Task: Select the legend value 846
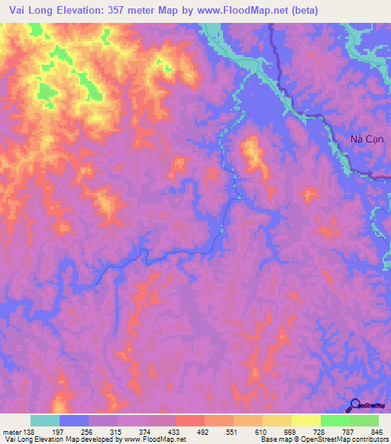click(376, 432)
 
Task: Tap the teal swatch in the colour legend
click(45, 420)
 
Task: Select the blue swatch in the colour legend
click(74, 420)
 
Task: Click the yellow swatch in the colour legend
click(305, 420)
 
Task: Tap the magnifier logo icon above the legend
click(355, 406)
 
